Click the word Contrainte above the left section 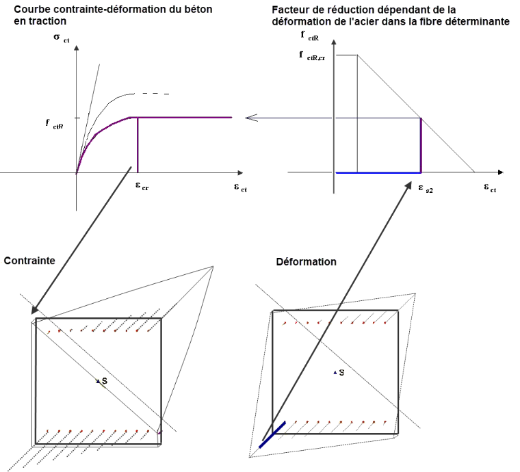[x=29, y=261]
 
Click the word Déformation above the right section [x=306, y=262]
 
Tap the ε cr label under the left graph [x=142, y=186]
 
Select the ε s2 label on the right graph [x=425, y=189]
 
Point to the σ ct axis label [x=62, y=38]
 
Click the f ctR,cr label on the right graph [x=312, y=55]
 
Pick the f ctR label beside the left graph [x=54, y=124]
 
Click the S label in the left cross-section [x=105, y=381]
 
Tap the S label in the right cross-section [x=341, y=373]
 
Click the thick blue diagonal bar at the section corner [x=272, y=435]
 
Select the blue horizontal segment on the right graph [x=378, y=172]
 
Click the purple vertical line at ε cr [x=138, y=145]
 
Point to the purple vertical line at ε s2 [x=421, y=146]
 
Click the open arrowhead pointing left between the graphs [x=251, y=118]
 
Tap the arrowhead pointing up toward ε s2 [x=408, y=185]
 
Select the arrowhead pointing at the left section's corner [x=35, y=310]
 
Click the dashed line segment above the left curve [x=156, y=94]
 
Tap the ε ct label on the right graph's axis [x=490, y=188]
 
